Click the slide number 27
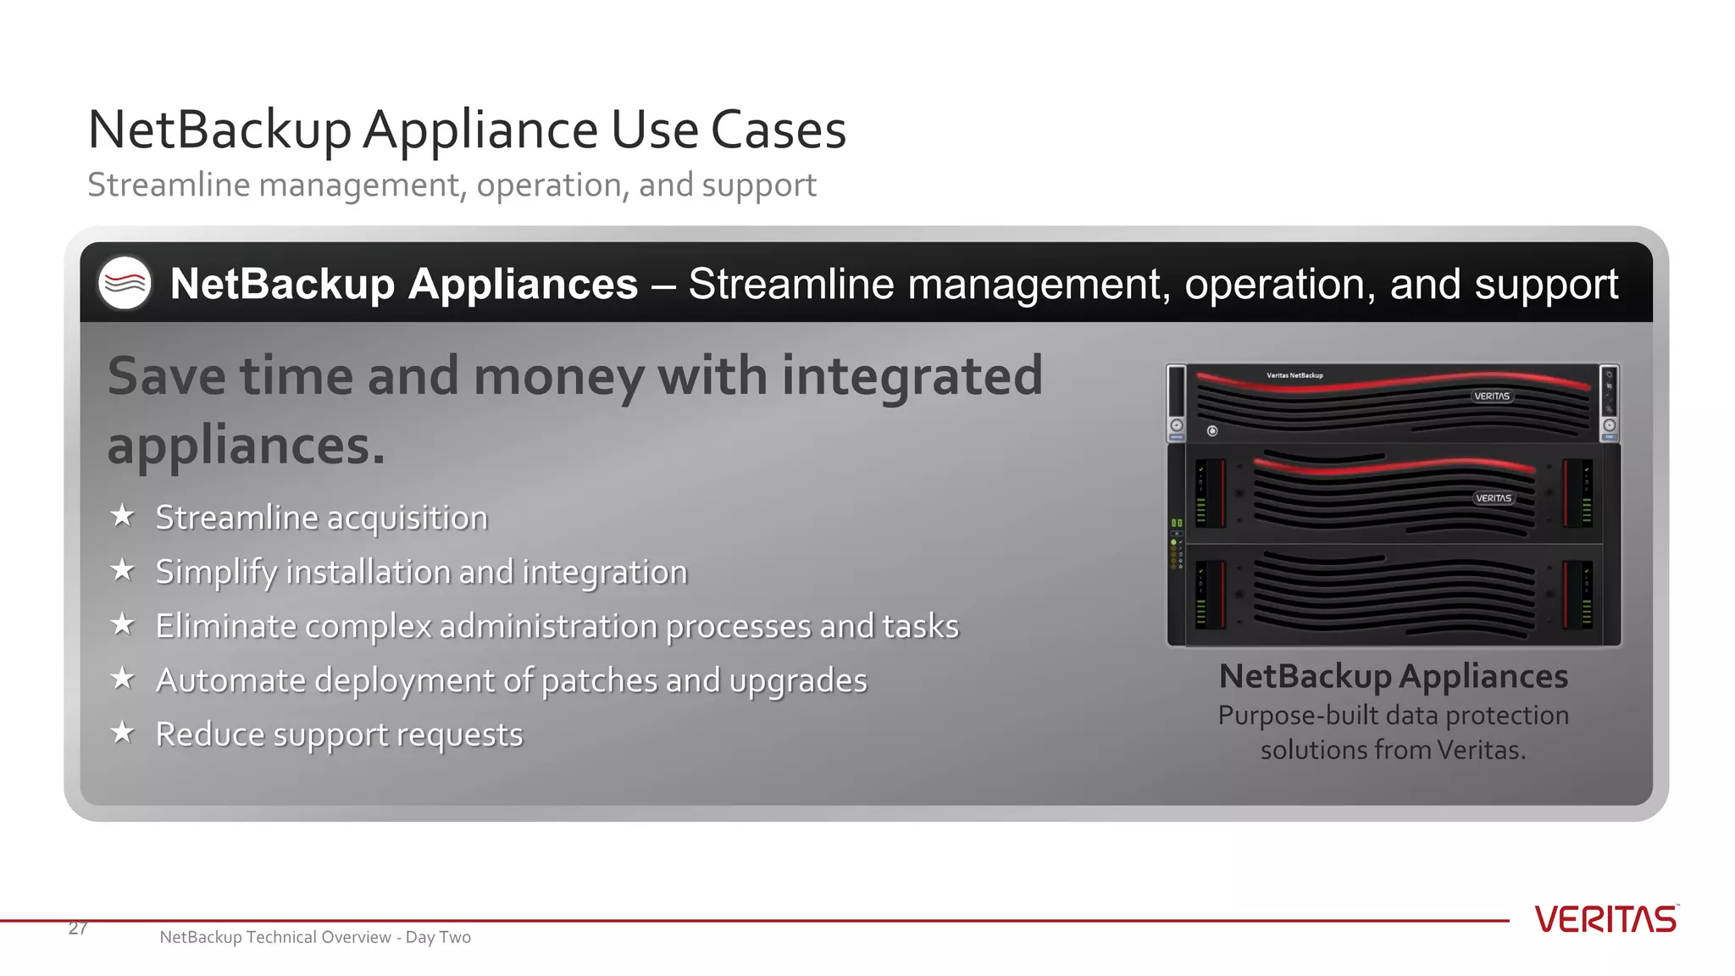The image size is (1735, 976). click(x=78, y=928)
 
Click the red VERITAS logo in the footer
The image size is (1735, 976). click(x=1605, y=919)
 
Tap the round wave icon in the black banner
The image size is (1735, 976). click(x=125, y=283)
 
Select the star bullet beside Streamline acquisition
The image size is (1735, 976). click(x=123, y=515)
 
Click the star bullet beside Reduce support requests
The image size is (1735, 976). click(x=123, y=732)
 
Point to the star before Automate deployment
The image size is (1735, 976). click(x=123, y=678)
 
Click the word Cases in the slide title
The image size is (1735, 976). click(x=778, y=130)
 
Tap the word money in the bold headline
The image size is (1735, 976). click(x=559, y=377)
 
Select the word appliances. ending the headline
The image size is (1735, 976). click(x=246, y=446)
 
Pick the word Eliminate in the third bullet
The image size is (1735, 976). click(x=225, y=626)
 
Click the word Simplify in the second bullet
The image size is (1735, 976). click(x=216, y=573)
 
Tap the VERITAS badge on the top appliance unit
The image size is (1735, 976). click(x=1492, y=396)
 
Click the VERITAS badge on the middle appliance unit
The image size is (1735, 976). click(x=1494, y=498)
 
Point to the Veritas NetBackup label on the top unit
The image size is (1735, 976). click(x=1294, y=375)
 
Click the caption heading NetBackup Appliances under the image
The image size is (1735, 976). click(x=1394, y=677)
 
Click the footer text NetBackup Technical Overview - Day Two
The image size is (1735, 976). click(x=315, y=937)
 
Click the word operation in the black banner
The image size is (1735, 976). click(x=1279, y=285)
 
